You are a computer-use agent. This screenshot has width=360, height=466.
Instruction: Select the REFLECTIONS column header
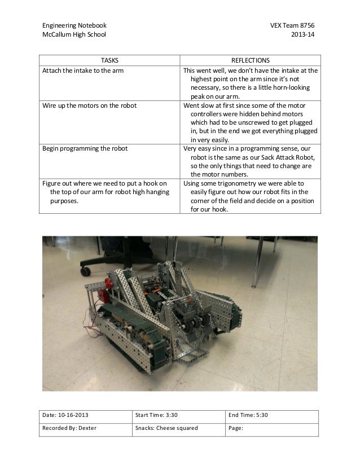pyautogui.click(x=251, y=60)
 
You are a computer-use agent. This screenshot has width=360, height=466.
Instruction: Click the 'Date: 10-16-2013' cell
pyautogui.click(x=67, y=416)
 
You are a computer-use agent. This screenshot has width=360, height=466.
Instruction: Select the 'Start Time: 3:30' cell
pyautogui.click(x=155, y=416)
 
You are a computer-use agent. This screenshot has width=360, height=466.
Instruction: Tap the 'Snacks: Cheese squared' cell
pyautogui.click(x=166, y=428)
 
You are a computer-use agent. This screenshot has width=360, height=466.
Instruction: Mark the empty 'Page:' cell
pyautogui.click(x=271, y=428)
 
